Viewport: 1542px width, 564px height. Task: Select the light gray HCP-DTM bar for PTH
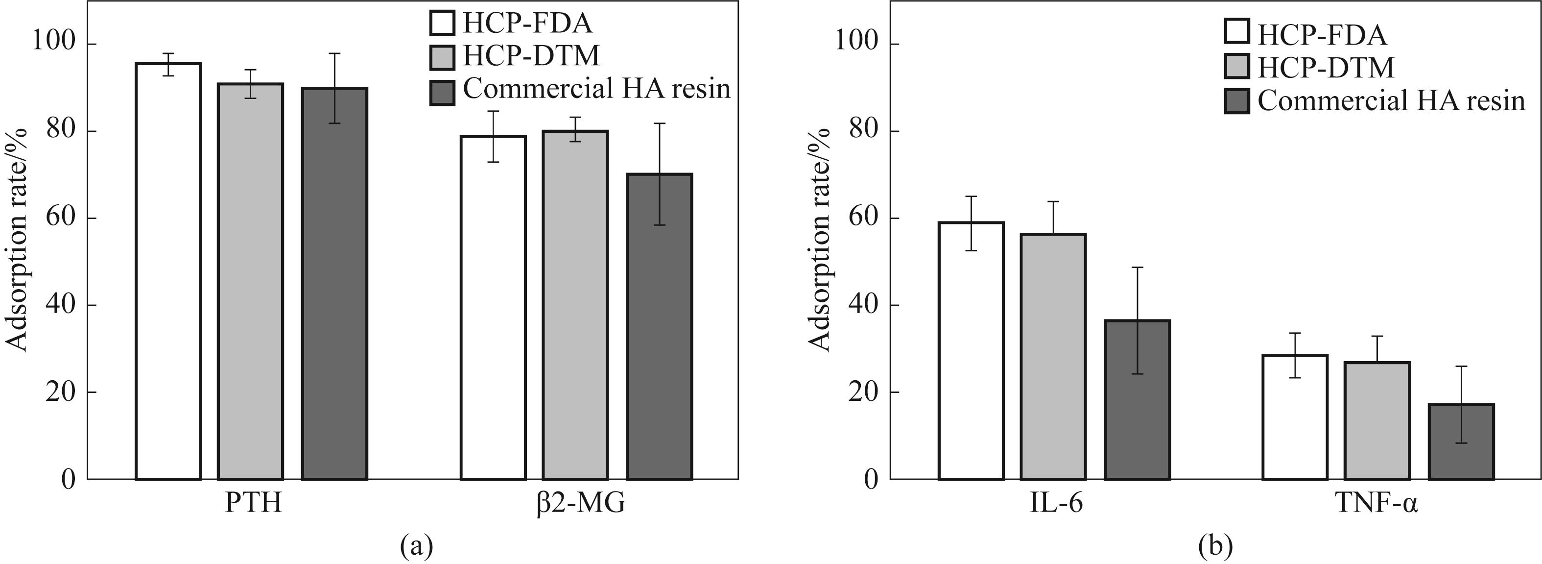pyautogui.click(x=250, y=281)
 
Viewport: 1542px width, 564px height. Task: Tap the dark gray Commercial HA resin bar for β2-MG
pyautogui.click(x=659, y=326)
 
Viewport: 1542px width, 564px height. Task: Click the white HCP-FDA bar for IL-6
pyautogui.click(x=971, y=350)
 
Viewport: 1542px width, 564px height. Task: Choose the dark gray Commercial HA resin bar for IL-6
pyautogui.click(x=1137, y=399)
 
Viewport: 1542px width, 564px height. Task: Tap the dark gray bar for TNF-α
pyautogui.click(x=1461, y=441)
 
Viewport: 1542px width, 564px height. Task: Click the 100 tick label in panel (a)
pyautogui.click(x=54, y=44)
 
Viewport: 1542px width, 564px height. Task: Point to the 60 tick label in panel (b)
pyautogui.click(x=866, y=219)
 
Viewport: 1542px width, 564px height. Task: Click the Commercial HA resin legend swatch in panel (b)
pyautogui.click(x=1237, y=101)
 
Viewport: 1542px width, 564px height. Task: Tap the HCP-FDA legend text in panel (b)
pyautogui.click(x=1322, y=35)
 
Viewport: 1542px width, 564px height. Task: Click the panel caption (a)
pyautogui.click(x=416, y=546)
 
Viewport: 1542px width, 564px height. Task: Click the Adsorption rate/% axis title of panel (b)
pyautogui.click(x=820, y=240)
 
